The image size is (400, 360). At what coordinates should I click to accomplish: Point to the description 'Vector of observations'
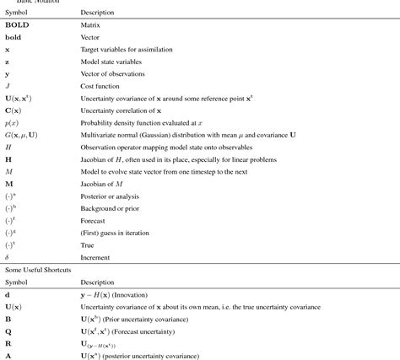point(106,75)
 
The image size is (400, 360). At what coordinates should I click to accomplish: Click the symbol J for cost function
point(7,87)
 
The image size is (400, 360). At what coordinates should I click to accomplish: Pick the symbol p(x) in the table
point(13,122)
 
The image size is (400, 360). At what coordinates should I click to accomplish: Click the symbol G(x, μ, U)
point(24,134)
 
